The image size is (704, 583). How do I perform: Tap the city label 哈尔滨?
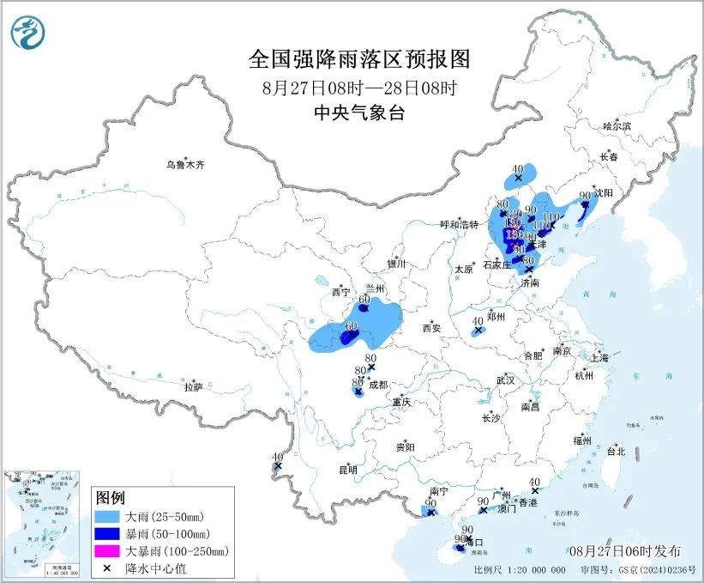[616, 126]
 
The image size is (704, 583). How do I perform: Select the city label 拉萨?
[193, 387]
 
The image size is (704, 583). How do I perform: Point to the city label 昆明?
[323, 470]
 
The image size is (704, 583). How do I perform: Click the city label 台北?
[616, 451]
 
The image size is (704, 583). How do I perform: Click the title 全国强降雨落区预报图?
[359, 59]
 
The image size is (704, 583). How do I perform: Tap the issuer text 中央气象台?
[359, 112]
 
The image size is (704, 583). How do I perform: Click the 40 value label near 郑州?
[478, 320]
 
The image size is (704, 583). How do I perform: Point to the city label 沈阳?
[604, 194]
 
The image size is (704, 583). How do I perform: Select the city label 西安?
[430, 328]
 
